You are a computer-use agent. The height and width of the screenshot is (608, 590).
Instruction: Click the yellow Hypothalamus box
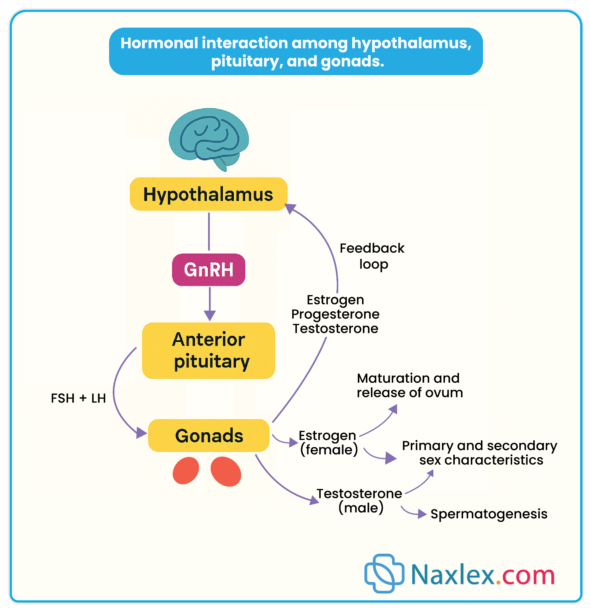[x=208, y=194]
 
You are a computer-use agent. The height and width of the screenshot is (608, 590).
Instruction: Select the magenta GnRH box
[x=208, y=270]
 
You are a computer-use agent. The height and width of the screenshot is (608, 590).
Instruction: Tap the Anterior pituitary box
[x=208, y=351]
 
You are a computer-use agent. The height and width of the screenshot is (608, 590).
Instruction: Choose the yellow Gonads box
[x=208, y=436]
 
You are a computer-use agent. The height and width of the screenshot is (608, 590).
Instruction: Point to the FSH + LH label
[x=78, y=398]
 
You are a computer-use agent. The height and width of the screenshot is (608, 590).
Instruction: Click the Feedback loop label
[x=372, y=256]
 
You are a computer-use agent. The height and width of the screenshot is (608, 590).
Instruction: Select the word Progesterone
[x=335, y=314]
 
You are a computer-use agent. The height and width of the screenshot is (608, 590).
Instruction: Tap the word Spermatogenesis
[x=489, y=514]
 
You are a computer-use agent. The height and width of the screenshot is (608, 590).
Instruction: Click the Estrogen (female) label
[x=328, y=443]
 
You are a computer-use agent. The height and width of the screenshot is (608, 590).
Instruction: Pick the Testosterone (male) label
[x=360, y=501]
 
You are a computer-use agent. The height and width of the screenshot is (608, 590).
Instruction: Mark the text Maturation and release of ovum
[x=409, y=386]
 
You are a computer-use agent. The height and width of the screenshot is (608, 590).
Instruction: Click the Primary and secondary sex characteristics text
[x=480, y=453]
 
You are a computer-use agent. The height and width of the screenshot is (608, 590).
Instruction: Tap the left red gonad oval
[x=186, y=471]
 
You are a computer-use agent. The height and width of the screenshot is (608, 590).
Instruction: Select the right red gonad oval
[x=226, y=471]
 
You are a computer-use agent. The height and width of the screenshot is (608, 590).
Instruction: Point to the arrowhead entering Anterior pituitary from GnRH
[x=210, y=316]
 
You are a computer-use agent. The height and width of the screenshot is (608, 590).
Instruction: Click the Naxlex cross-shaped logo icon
[x=384, y=573]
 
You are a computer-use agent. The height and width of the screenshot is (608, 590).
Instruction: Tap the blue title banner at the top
[x=296, y=51]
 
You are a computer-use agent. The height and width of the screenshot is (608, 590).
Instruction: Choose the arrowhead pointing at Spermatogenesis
[x=422, y=514]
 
